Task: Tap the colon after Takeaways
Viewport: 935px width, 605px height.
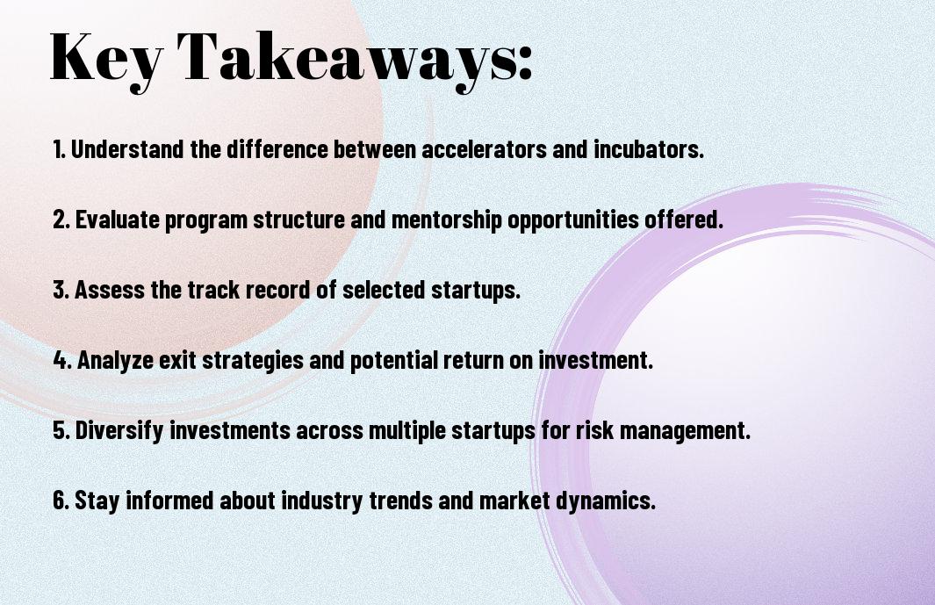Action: click(x=525, y=62)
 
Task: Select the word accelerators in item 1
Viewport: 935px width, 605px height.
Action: click(x=485, y=149)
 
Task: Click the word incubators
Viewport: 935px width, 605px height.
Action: click(x=649, y=149)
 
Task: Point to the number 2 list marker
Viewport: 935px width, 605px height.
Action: click(x=61, y=220)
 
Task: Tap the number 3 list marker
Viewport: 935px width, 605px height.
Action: click(x=61, y=290)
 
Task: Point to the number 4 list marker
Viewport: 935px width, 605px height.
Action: click(x=62, y=360)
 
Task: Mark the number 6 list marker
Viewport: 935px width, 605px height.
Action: click(x=61, y=500)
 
